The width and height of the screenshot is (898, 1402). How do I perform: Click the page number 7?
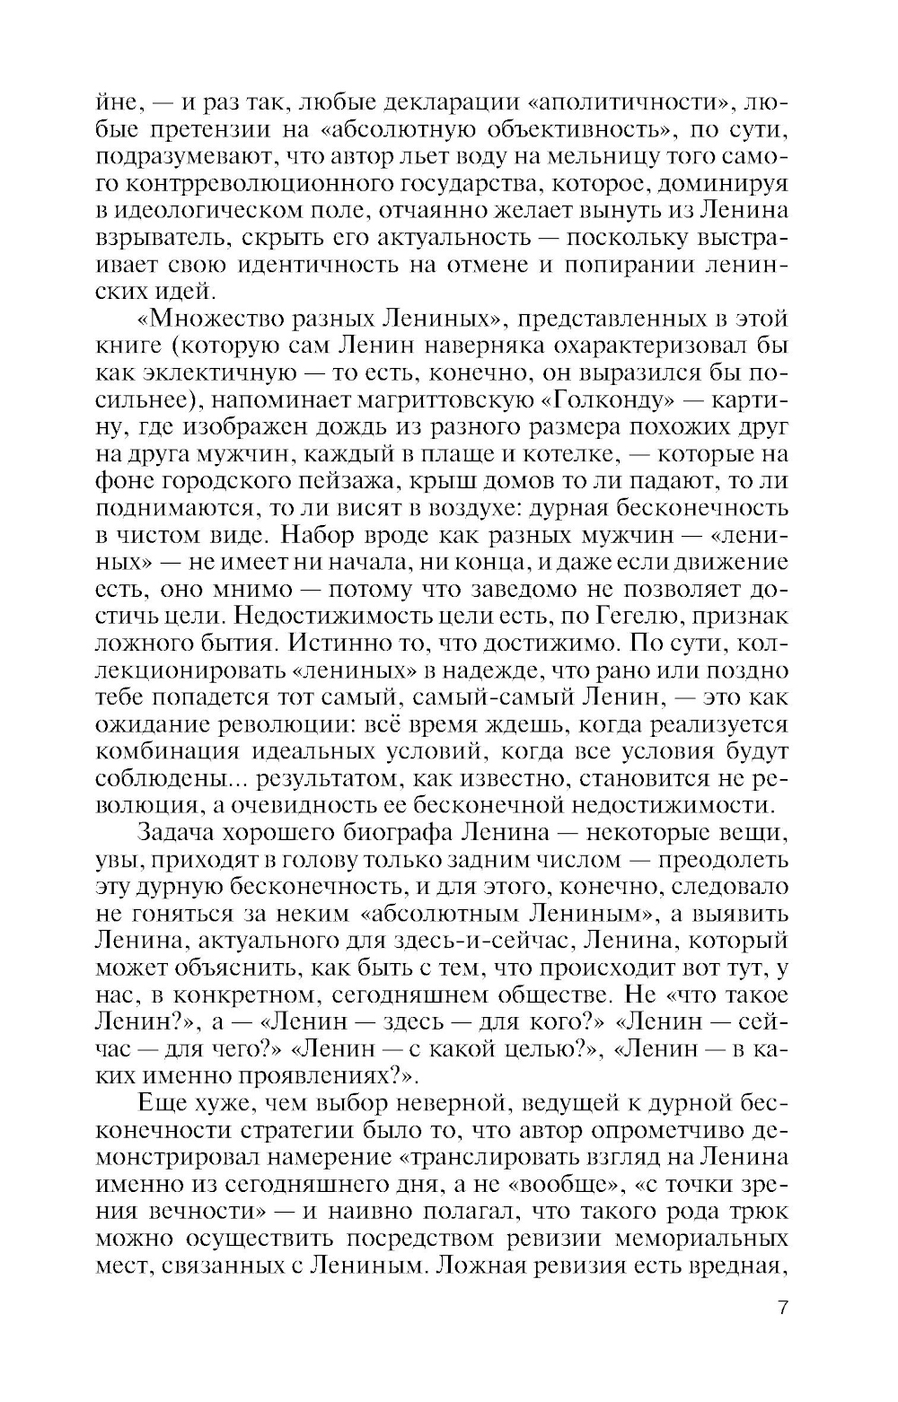[x=783, y=1307]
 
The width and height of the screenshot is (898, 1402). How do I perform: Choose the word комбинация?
[x=170, y=751]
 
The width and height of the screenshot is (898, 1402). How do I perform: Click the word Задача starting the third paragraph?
[x=189, y=832]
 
